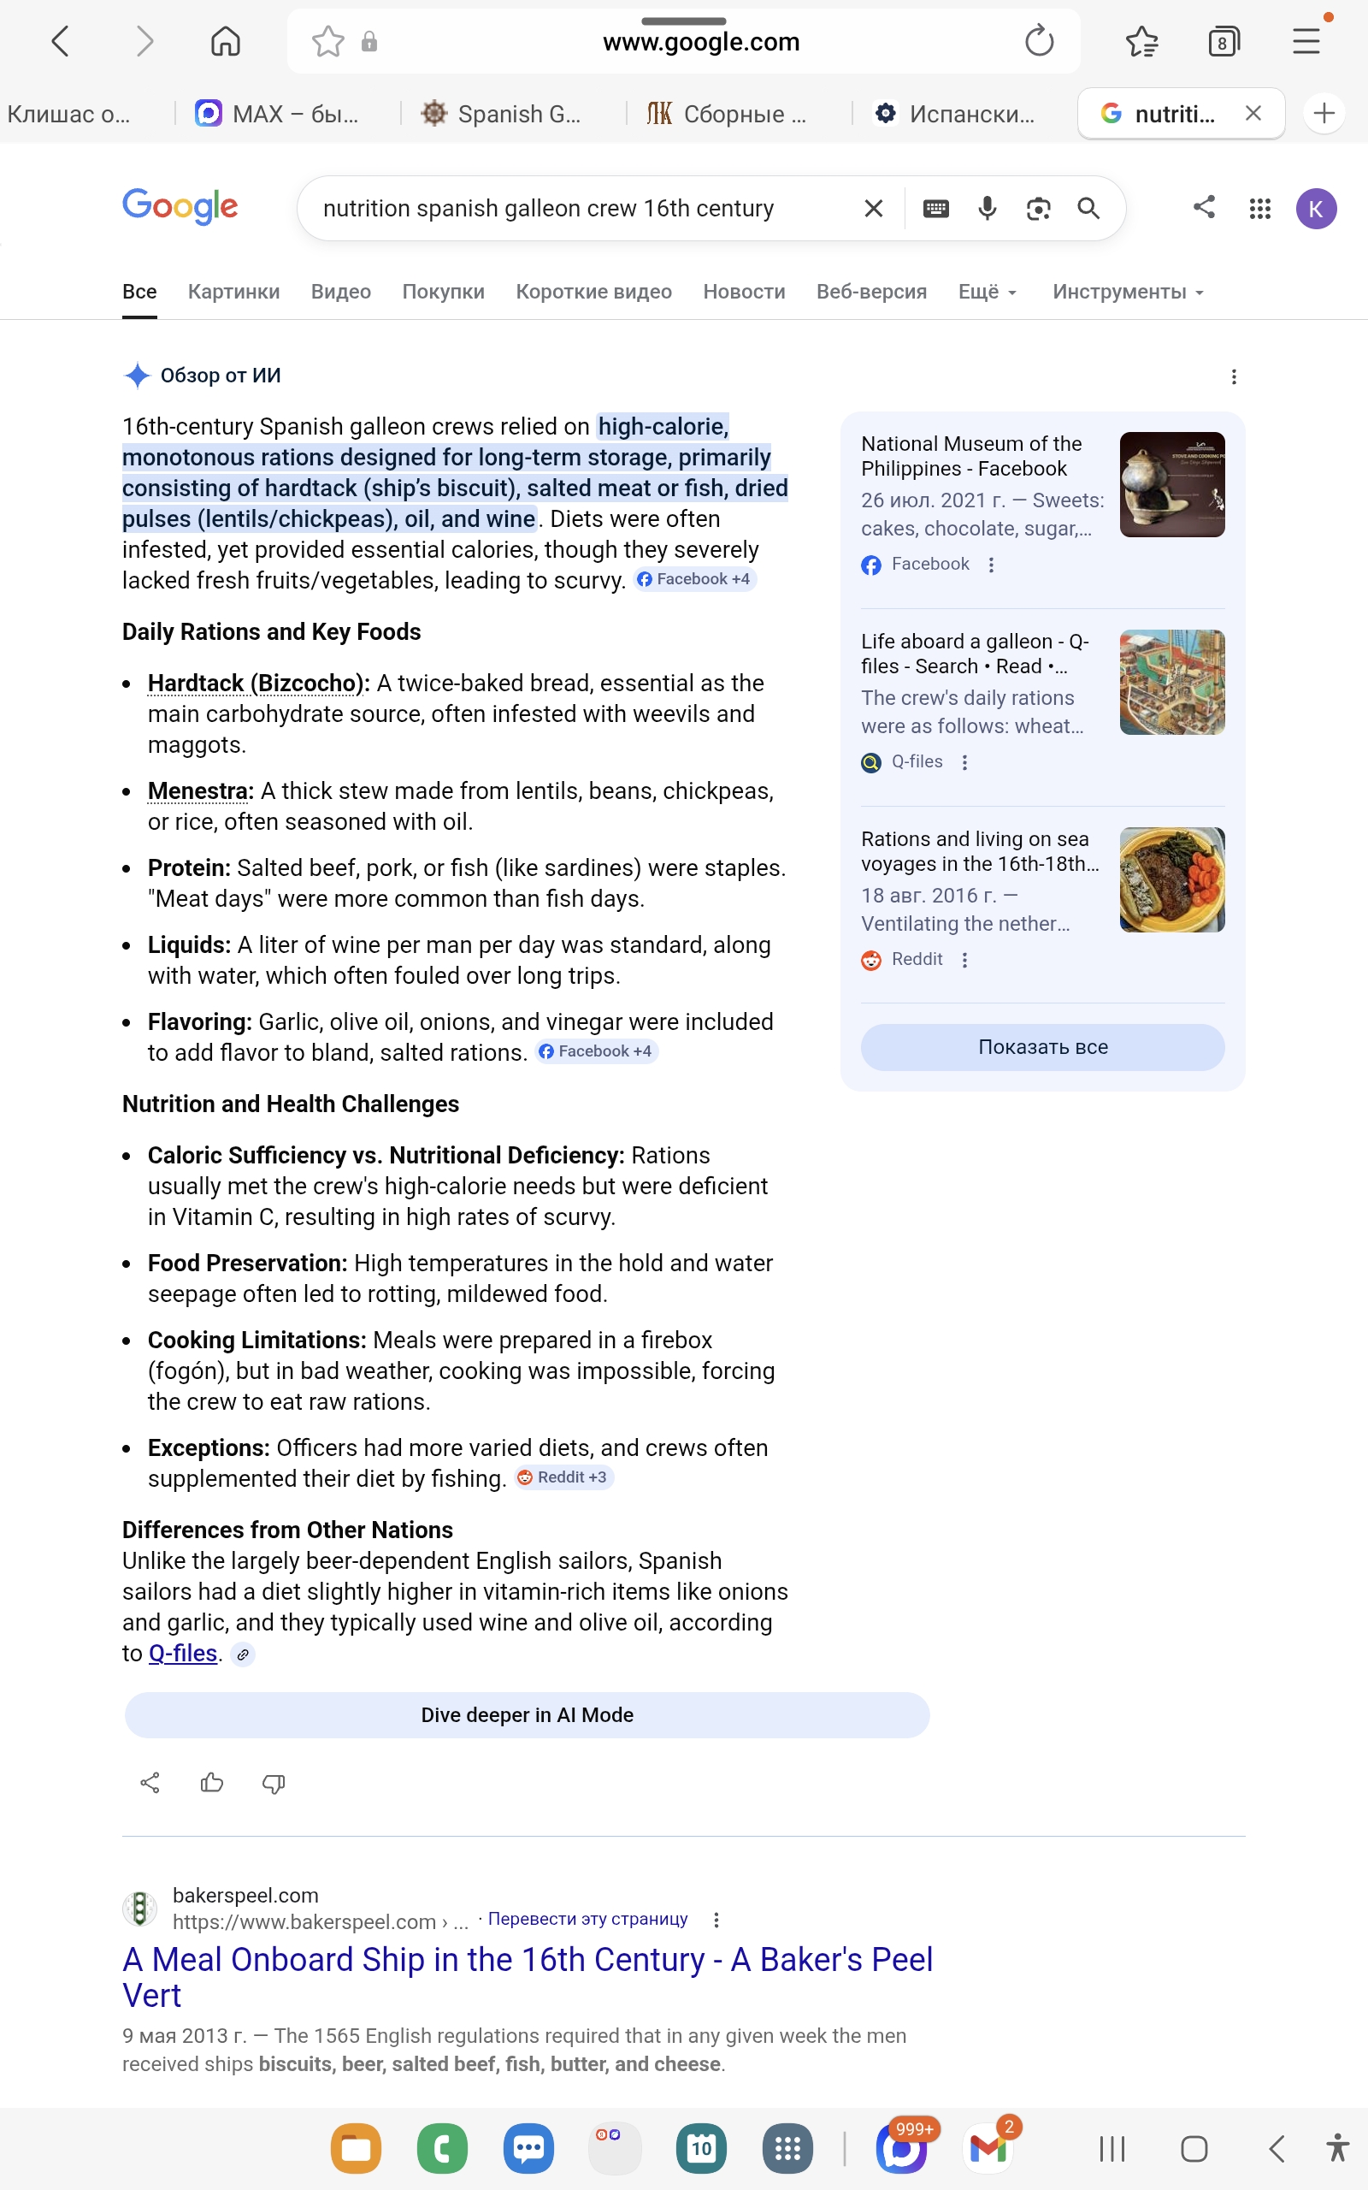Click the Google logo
[180, 207]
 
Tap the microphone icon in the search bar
[987, 209]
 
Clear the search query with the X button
[873, 209]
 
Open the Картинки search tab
[233, 292]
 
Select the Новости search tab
[744, 292]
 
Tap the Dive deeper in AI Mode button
[527, 1715]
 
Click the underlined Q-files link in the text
[183, 1654]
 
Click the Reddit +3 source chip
[563, 1477]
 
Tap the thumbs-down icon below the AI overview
[274, 1783]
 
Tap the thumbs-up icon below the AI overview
[212, 1783]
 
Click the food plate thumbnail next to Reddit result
[1171, 879]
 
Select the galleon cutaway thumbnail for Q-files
[1171, 683]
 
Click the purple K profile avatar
[1316, 209]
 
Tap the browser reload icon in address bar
[1039, 41]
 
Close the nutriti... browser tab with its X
[1253, 113]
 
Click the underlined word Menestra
[199, 791]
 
